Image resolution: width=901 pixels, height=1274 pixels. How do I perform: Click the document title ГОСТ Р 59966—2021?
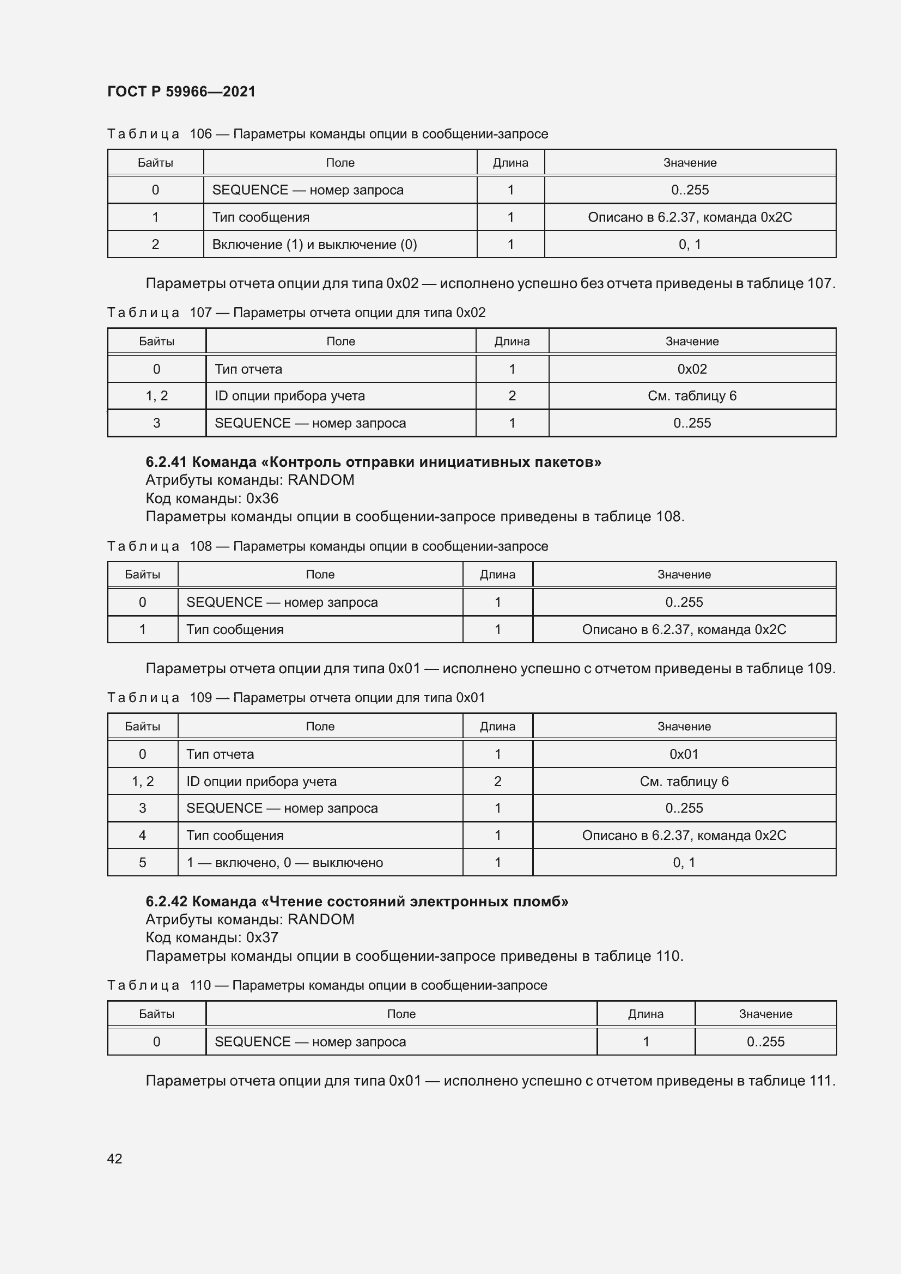click(x=181, y=92)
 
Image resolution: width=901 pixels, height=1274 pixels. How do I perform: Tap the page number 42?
click(x=114, y=1159)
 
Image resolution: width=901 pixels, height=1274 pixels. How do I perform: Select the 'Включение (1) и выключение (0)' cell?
click(x=314, y=245)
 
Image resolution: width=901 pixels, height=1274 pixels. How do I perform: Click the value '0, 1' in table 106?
click(x=690, y=245)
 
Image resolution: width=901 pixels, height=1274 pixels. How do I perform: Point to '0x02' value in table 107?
click(x=692, y=369)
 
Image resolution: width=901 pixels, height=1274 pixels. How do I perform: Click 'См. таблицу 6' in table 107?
click(x=692, y=396)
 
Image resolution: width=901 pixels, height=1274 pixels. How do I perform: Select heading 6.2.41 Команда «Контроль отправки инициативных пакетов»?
click(x=373, y=462)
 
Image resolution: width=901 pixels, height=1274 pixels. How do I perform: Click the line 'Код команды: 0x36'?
click(x=212, y=498)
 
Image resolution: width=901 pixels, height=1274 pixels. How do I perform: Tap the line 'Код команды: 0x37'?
click(x=212, y=938)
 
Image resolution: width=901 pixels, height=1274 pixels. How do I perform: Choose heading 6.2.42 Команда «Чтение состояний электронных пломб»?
click(x=357, y=901)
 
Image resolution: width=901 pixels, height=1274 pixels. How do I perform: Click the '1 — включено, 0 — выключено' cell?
click(x=284, y=863)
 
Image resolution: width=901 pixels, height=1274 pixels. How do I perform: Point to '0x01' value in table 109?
click(x=684, y=754)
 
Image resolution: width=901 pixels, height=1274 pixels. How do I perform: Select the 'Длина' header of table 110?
click(x=645, y=1014)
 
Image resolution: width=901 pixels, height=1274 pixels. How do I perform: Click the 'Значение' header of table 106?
click(x=690, y=162)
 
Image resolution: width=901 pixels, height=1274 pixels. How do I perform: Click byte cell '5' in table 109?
click(x=143, y=863)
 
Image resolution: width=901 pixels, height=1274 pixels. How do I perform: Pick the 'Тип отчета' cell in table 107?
click(x=248, y=369)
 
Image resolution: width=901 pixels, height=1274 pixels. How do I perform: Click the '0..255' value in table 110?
click(x=765, y=1042)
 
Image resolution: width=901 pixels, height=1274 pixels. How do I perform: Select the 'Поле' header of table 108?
click(x=320, y=575)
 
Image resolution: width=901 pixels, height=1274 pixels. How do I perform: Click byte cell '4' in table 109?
click(x=143, y=836)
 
